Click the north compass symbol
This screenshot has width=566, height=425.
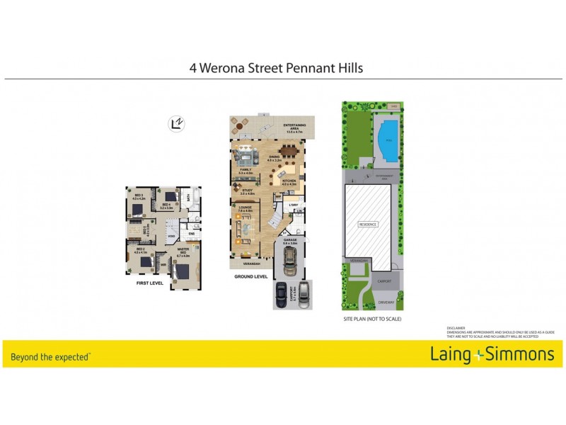point(176,124)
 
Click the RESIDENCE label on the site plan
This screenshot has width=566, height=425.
point(368,225)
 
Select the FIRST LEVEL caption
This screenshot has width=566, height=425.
point(150,283)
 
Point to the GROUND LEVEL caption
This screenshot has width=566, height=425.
point(251,276)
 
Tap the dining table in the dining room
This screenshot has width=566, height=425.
point(289,150)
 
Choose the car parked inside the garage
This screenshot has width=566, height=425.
point(290,263)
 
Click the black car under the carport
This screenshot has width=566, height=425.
point(282,295)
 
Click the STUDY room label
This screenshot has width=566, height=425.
point(247,191)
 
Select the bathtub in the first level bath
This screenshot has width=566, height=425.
point(194,198)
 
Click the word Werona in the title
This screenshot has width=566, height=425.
point(230,69)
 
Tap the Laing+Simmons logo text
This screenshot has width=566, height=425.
point(489,354)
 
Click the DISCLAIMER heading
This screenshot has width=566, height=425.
point(457,328)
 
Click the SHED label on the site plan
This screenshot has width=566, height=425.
point(394,106)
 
